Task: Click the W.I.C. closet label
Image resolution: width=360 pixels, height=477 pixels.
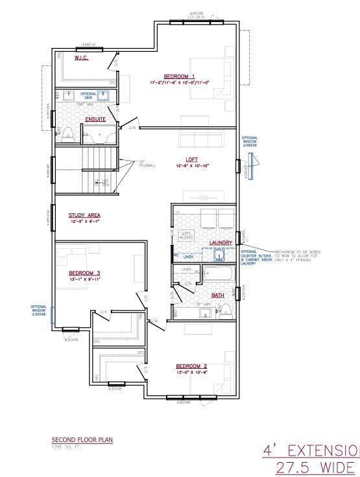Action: [x=81, y=58]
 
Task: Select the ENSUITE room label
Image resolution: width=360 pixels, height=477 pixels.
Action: [x=95, y=119]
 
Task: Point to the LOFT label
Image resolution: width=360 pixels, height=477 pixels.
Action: [x=191, y=159]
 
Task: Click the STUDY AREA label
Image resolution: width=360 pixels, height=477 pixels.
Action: [x=85, y=215]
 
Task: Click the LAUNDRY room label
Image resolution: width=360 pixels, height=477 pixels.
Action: [x=221, y=243]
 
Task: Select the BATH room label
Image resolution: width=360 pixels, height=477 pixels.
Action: [x=217, y=296]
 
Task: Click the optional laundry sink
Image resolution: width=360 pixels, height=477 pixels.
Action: [x=219, y=255]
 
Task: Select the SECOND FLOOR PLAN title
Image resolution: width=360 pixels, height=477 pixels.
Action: [x=82, y=440]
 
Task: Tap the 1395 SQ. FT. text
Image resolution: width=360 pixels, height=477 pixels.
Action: [x=65, y=447]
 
